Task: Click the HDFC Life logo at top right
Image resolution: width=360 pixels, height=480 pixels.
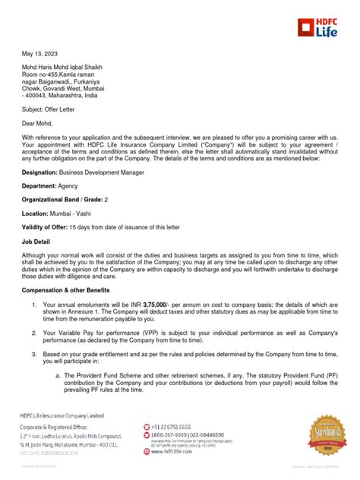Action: (318, 29)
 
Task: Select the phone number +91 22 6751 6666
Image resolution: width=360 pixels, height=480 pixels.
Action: (170, 428)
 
